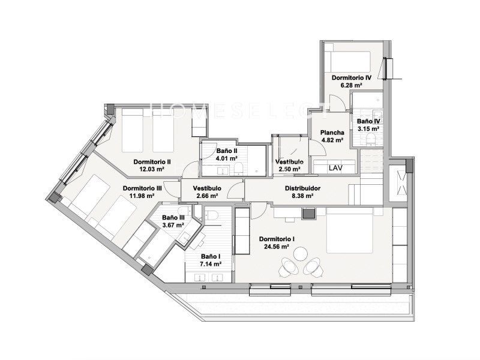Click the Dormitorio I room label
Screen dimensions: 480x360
pos(277,239)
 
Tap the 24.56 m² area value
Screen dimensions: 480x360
pos(277,247)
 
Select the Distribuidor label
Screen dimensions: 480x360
pos(302,188)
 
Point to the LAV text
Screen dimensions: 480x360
pos(335,168)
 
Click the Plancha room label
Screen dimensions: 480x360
pos(332,133)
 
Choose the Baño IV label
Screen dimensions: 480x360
pos(368,121)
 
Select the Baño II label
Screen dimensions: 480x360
pos(227,151)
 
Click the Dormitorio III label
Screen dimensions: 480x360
pos(142,188)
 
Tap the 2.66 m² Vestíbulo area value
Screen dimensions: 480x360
pos(207,196)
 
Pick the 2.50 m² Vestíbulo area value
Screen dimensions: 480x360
pos(289,169)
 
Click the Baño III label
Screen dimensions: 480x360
pos(173,218)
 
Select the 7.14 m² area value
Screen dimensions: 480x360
pos(211,264)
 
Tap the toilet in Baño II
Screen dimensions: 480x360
pos(238,169)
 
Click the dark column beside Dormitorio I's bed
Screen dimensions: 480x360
pos(308,213)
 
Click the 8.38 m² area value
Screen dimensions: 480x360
pos(302,196)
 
